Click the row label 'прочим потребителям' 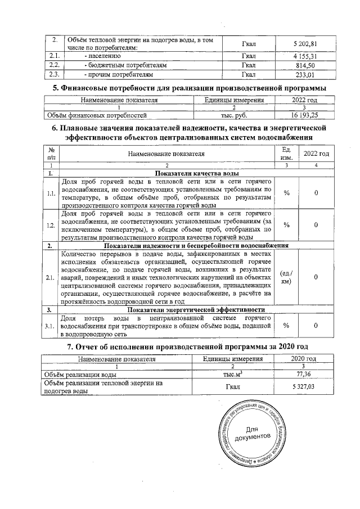tap(118, 74)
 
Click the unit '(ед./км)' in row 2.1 tap(286, 277)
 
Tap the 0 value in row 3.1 tap(316, 326)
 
